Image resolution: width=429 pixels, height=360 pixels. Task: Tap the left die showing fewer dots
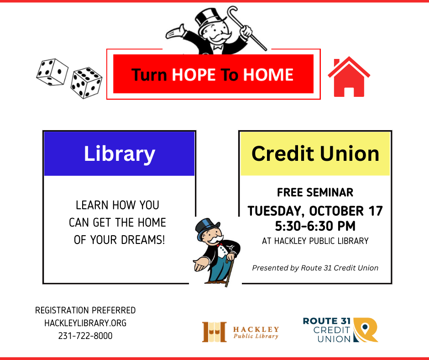52,72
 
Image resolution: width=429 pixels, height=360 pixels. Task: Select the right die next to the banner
86,83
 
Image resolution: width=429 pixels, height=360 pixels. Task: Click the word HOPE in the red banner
194,74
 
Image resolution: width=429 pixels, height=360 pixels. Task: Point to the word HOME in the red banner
268,74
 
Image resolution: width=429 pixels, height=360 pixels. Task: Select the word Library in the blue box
120,154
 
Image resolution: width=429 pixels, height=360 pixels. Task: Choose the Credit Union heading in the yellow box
315,154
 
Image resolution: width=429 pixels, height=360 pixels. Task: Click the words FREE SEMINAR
315,192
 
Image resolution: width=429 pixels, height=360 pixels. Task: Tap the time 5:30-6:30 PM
315,226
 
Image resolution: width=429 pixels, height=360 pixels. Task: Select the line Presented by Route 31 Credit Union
315,268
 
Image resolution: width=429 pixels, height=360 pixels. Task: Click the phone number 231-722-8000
85,336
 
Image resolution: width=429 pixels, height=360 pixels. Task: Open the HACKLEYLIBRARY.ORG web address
85,323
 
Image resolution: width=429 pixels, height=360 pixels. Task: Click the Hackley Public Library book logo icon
214,332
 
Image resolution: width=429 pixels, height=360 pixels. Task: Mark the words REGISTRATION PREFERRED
85,310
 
